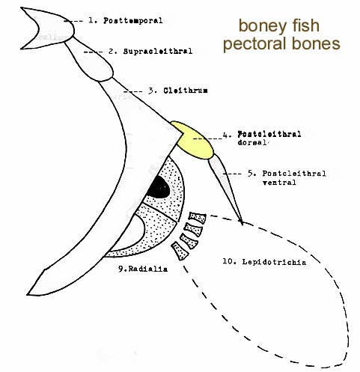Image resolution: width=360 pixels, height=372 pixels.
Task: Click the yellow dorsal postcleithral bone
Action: [x=193, y=141]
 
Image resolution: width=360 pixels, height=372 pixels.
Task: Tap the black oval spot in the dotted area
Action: [x=158, y=187]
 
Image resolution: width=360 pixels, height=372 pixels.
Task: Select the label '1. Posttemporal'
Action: [x=126, y=20]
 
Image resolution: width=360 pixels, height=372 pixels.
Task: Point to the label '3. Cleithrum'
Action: [x=178, y=91]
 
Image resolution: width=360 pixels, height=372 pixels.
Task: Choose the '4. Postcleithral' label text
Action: [x=262, y=134]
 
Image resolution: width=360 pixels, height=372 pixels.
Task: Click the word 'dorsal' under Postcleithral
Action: [x=253, y=142]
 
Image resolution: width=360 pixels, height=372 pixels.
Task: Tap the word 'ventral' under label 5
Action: [x=279, y=183]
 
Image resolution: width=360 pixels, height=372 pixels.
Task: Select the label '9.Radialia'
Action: [x=143, y=269]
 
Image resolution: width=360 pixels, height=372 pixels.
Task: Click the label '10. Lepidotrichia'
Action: [x=264, y=262]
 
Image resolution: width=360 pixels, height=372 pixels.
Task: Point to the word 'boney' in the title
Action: [x=260, y=27]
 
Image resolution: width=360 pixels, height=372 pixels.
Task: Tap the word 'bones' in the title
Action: [x=316, y=43]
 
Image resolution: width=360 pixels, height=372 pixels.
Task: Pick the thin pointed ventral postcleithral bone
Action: [x=226, y=189]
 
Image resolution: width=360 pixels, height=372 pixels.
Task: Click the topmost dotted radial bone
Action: [x=198, y=217]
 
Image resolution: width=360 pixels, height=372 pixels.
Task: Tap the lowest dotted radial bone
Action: [x=180, y=251]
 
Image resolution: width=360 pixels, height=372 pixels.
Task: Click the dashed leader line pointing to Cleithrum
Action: [x=133, y=91]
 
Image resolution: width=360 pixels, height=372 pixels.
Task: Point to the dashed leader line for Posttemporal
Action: [x=73, y=21]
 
